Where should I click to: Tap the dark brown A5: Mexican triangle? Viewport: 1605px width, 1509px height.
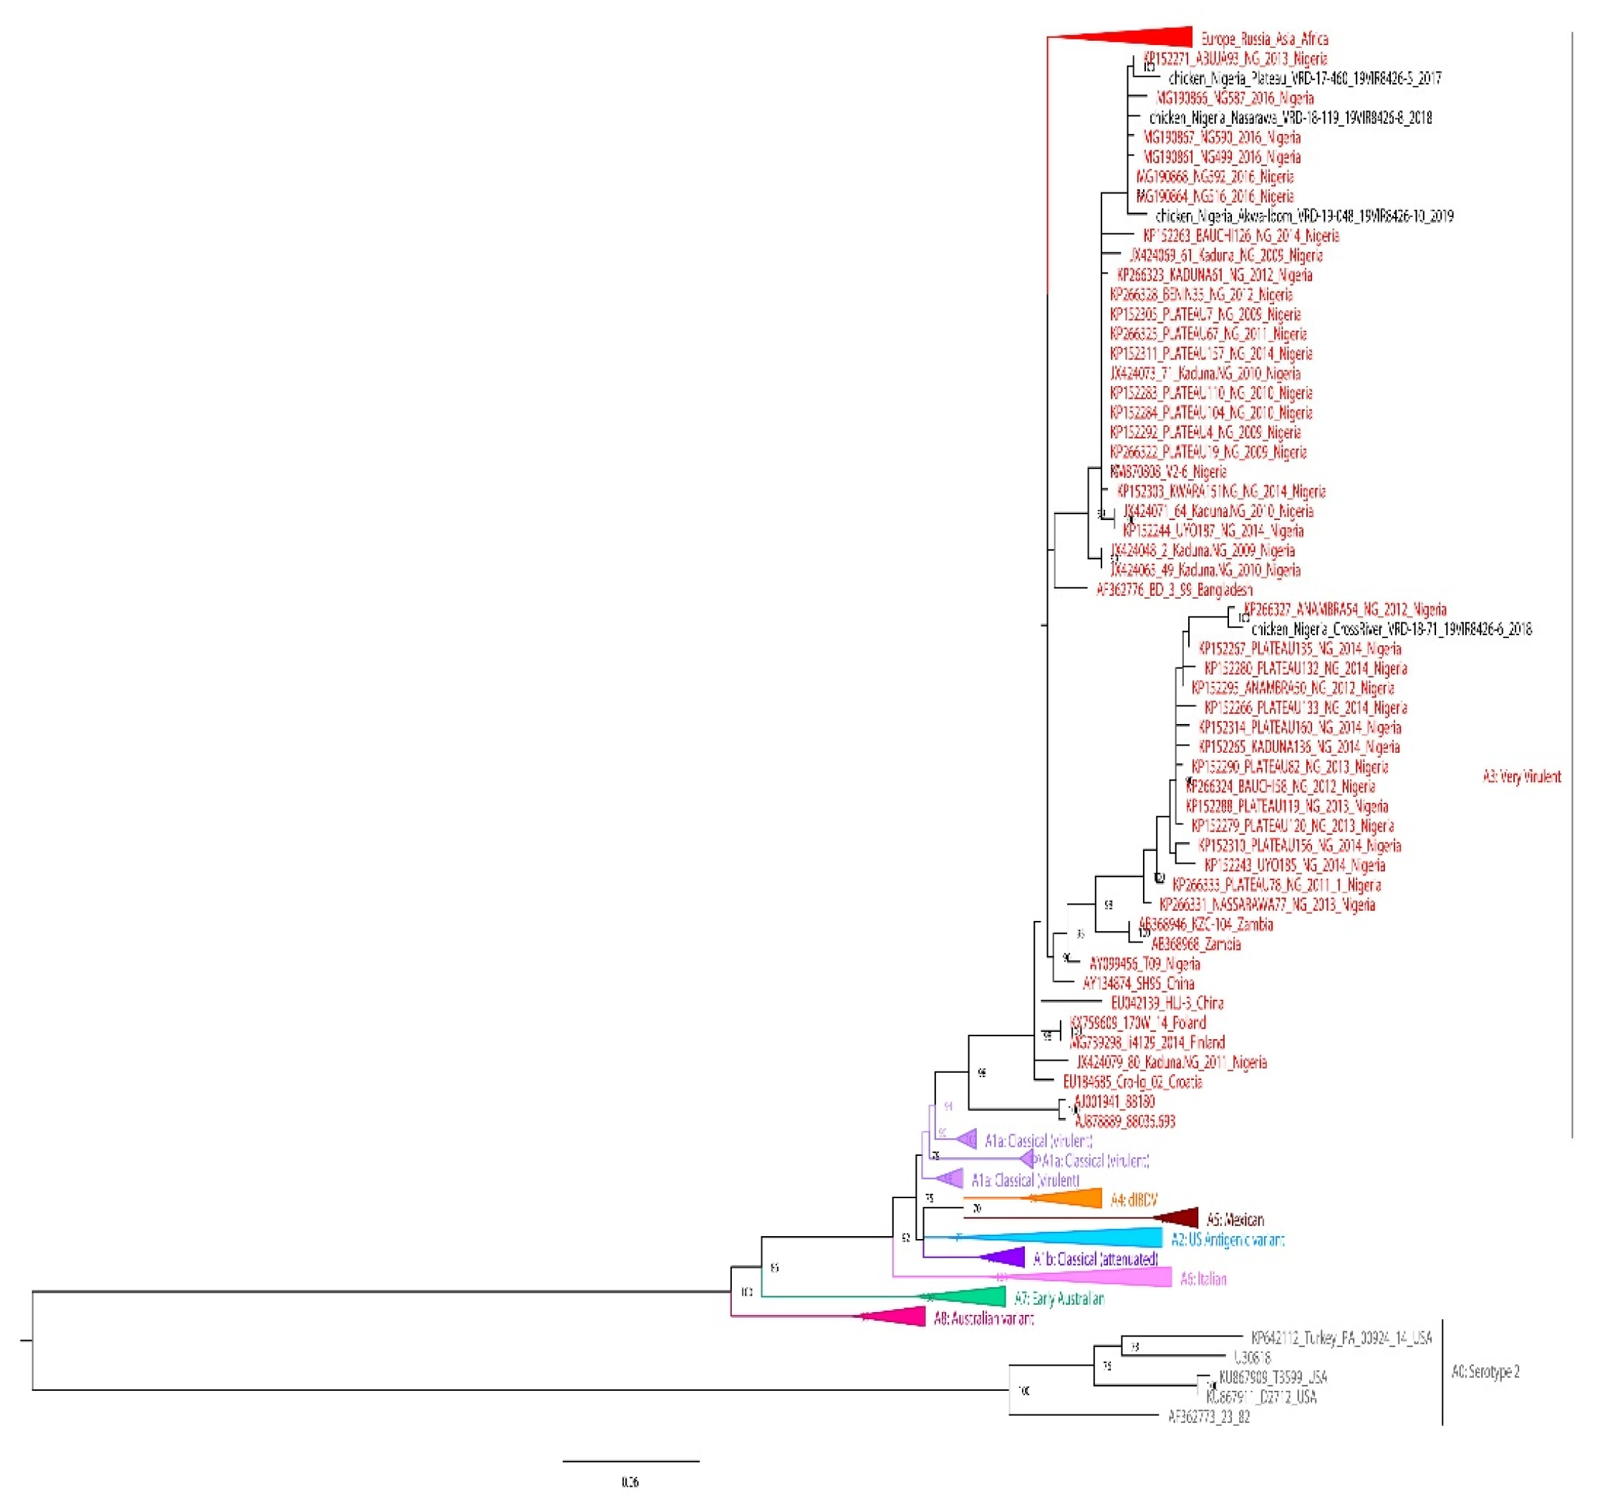1179,1218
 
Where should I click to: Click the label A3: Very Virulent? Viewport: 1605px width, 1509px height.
1521,777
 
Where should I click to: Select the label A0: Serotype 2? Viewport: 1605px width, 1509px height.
1485,1371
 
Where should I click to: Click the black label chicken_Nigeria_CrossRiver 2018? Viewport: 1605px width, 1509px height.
1390,629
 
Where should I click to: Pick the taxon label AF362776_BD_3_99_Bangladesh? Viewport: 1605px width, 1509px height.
1174,589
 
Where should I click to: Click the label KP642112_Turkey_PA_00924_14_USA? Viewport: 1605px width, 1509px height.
1341,1338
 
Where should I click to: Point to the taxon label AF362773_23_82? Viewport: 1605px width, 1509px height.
1209,1416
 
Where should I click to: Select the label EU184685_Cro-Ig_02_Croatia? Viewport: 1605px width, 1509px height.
1132,1082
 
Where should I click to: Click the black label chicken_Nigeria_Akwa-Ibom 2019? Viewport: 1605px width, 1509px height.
1304,216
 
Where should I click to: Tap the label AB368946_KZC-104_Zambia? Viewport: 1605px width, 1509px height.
1205,925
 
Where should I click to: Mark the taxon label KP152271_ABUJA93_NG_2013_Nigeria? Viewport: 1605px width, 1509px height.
1235,58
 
